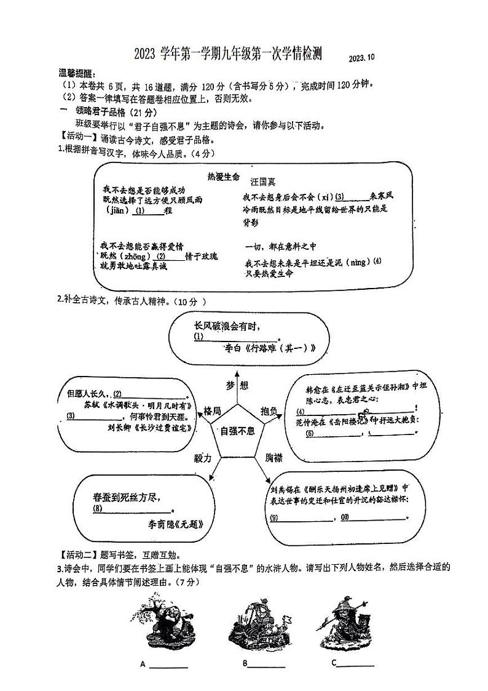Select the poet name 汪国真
(x=264, y=182)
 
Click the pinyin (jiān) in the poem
(x=117, y=210)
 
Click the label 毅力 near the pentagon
(x=203, y=458)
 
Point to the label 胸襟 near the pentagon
(x=274, y=458)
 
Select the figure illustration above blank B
(x=258, y=626)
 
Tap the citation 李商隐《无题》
(x=175, y=524)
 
